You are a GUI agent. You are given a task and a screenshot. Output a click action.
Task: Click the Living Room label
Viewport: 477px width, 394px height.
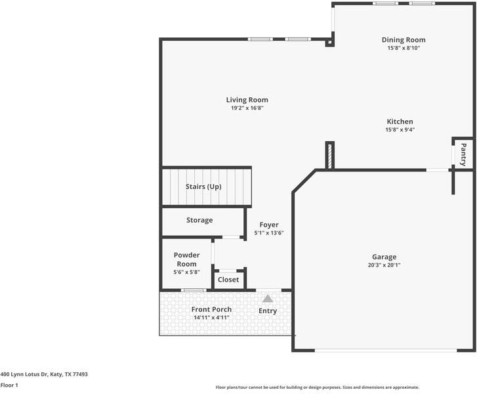[247, 100]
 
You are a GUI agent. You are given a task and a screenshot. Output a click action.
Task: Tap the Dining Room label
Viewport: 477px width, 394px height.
[404, 40]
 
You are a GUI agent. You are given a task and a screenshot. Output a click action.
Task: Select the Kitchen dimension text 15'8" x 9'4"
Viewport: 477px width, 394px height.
[400, 130]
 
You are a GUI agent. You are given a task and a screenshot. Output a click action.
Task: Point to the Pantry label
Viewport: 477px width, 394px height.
[463, 154]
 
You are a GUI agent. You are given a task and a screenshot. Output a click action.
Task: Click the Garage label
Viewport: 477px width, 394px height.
[384, 257]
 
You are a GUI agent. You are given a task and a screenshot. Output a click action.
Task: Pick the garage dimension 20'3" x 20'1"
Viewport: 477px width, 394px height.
[384, 265]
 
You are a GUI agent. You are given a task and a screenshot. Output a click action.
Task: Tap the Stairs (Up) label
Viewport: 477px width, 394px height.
[203, 186]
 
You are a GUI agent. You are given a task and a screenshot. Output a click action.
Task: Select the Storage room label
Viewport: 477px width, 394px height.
[199, 220]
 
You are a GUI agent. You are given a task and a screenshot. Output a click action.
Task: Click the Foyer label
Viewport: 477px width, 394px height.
[269, 225]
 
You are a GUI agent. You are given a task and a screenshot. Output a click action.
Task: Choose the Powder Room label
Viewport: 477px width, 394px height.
[186, 259]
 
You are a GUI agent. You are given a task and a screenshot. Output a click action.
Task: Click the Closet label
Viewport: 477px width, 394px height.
[228, 280]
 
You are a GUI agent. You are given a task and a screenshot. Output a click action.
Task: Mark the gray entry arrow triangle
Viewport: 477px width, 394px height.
[268, 299]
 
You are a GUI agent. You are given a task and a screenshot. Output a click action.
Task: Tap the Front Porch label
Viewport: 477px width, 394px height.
[211, 309]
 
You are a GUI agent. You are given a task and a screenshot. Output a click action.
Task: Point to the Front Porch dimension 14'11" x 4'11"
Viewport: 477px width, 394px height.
[211, 318]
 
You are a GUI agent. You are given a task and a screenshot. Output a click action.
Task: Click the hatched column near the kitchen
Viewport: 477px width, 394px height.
[330, 156]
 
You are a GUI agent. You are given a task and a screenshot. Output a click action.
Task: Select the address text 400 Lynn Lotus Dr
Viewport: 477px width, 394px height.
[44, 374]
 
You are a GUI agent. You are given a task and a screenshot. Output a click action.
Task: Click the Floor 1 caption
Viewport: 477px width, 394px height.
[9, 385]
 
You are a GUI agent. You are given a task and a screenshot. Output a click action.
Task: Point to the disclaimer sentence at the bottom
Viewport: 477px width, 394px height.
[317, 387]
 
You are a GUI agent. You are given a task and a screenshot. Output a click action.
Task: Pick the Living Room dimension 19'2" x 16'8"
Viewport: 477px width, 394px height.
[247, 108]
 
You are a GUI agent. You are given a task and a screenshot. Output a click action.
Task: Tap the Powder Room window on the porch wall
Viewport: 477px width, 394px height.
[193, 290]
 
